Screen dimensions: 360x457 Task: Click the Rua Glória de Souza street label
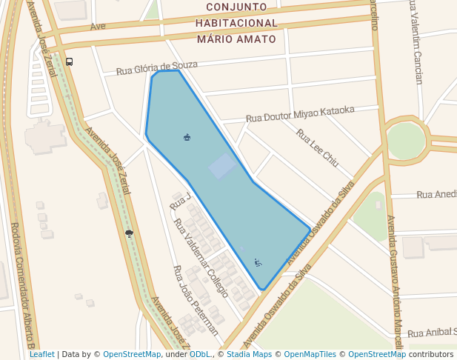(156, 69)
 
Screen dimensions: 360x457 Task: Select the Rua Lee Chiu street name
(317, 147)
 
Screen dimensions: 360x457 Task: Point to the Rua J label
(180, 200)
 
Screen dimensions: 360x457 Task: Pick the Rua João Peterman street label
(196, 300)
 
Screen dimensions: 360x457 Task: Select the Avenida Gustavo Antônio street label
(395, 281)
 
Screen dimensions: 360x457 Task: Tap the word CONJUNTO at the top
(236, 7)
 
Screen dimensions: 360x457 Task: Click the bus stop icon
(69, 62)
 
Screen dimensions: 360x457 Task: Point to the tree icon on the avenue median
(130, 233)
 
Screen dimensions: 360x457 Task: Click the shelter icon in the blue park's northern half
(187, 136)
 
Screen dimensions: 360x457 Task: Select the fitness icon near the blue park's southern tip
(258, 261)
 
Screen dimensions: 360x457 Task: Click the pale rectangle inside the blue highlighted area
(222, 166)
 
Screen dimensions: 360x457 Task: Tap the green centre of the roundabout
(406, 140)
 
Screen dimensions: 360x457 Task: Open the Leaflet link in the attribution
(41, 354)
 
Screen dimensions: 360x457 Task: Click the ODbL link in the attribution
(200, 354)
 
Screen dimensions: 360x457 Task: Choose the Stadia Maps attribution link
(249, 354)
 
